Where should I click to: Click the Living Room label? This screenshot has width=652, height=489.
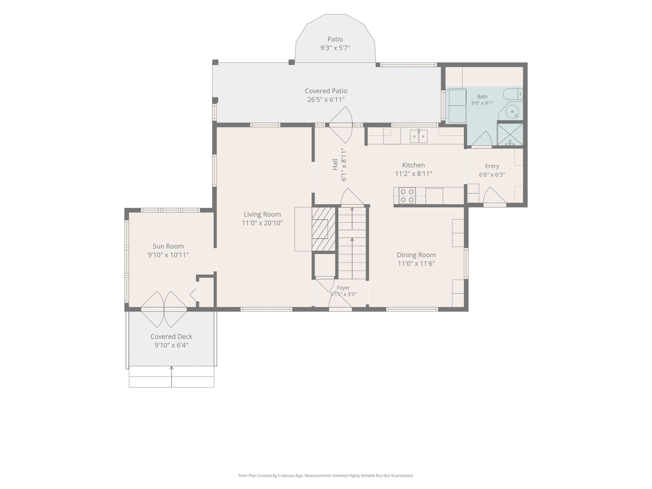click(262, 214)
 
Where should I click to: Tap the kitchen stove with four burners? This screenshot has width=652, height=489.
click(407, 196)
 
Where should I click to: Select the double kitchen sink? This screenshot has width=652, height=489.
click(418, 136)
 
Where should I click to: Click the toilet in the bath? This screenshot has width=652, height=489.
click(513, 94)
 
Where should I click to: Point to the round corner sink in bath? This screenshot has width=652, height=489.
click(512, 111)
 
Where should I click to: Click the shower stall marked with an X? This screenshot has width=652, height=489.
click(510, 134)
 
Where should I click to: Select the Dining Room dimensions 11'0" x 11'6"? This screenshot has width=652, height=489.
click(416, 264)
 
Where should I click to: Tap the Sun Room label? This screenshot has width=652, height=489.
click(168, 246)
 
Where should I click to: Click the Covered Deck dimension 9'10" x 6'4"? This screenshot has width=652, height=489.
click(171, 345)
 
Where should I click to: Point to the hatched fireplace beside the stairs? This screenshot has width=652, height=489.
click(324, 229)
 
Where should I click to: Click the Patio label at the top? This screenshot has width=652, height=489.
click(335, 39)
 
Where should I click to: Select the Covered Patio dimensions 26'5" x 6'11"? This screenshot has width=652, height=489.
click(326, 100)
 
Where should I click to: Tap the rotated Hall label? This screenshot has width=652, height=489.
click(335, 165)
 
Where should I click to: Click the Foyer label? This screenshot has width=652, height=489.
click(343, 288)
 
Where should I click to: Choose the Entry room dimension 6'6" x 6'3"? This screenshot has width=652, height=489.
click(492, 175)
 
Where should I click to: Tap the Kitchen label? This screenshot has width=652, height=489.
click(414, 165)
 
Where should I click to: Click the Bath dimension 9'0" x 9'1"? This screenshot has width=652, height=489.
click(482, 103)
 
